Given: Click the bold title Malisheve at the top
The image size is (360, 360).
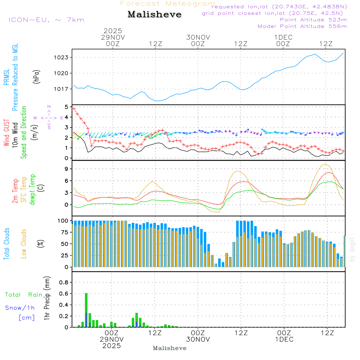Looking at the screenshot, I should point(154,15).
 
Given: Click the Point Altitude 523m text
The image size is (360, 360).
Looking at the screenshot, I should point(313,20).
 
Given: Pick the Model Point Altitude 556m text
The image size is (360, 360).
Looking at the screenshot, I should point(302,26).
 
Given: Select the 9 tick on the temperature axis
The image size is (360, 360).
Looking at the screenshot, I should point(66,169).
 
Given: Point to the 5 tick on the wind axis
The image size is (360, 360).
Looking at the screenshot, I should point(66,107).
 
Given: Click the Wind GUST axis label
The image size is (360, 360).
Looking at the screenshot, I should point(6,133).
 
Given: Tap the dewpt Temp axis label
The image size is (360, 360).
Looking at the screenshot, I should point(33,190).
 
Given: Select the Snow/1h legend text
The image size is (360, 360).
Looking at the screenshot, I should point(20,308).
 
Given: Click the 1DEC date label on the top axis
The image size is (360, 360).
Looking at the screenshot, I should point(283,37).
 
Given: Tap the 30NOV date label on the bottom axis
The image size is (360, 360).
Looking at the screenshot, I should point(198,339).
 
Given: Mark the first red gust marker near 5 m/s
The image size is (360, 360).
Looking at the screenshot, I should point(73,108).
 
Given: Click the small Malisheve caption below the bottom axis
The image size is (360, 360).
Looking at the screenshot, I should point(170,348).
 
